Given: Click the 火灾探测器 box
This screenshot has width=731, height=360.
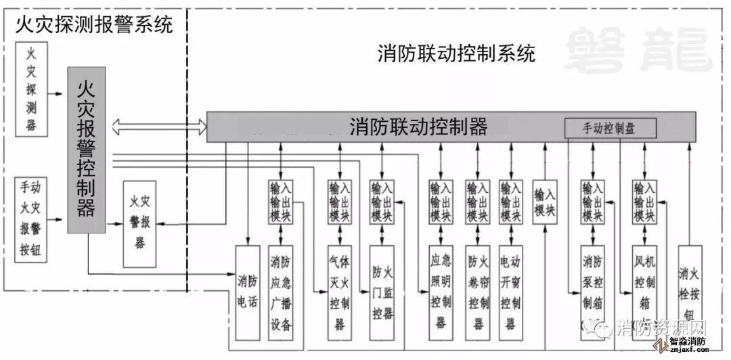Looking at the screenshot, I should tap(32, 89).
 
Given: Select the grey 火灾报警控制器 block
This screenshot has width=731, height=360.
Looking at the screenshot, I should tap(87, 150).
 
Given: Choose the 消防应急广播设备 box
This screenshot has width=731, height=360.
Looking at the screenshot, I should tap(281, 292).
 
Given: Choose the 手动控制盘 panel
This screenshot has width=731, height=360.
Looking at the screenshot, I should tap(610, 127).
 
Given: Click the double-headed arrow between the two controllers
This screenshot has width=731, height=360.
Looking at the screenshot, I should tap(160, 125).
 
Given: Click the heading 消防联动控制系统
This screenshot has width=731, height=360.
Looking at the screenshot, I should tap(456, 53).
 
